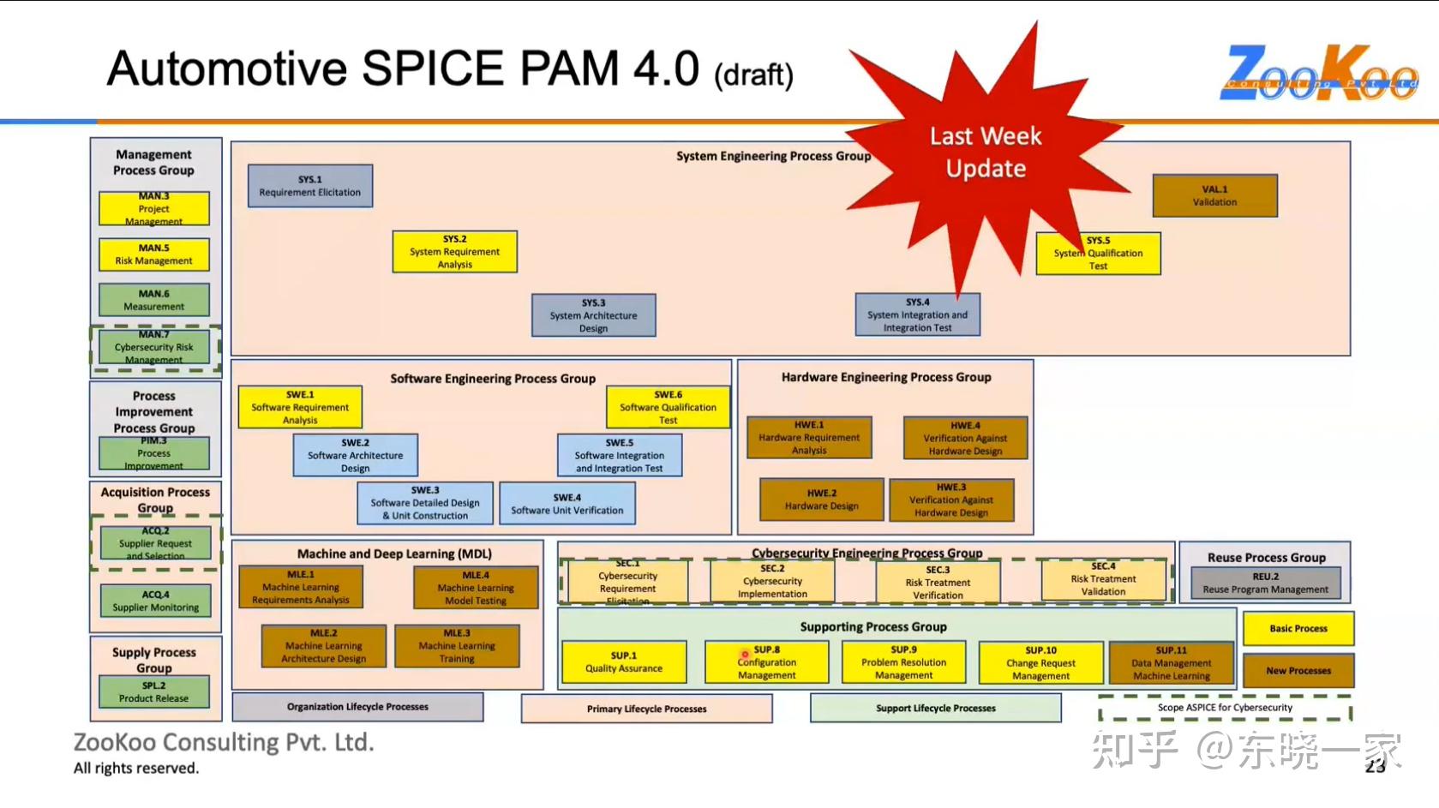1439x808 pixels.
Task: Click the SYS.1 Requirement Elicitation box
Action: click(x=310, y=186)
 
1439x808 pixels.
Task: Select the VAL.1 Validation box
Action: click(x=1214, y=195)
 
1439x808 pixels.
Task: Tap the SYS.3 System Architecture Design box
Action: click(x=593, y=315)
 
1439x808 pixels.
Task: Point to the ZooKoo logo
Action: click(x=1318, y=74)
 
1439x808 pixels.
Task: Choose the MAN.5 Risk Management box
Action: click(x=154, y=254)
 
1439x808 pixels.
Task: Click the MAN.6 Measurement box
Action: click(x=154, y=300)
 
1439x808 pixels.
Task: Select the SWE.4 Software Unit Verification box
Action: click(x=567, y=504)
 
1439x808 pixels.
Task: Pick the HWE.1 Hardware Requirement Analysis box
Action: click(x=809, y=437)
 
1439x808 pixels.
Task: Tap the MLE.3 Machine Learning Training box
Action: click(x=457, y=646)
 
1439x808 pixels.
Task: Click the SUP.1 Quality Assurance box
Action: click(x=624, y=662)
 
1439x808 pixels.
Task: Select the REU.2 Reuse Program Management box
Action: click(x=1265, y=584)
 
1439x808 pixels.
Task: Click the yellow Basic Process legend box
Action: click(x=1298, y=628)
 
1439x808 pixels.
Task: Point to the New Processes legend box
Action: click(x=1298, y=671)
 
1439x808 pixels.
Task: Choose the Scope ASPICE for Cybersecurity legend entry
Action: click(x=1225, y=708)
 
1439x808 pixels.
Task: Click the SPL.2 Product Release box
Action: click(x=154, y=691)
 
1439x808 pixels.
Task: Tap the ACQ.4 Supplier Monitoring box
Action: click(x=155, y=601)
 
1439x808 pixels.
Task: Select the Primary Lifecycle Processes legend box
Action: click(x=646, y=709)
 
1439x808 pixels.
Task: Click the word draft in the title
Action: click(x=753, y=75)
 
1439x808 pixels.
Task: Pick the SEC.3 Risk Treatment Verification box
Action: click(x=938, y=582)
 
